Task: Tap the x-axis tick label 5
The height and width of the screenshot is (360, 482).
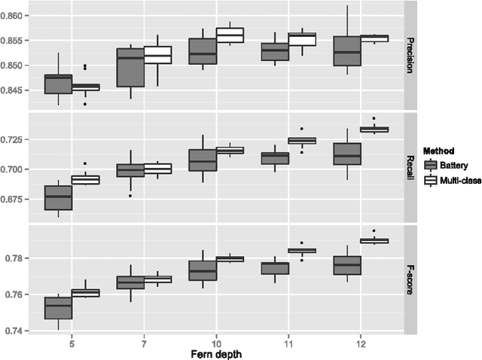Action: (x=72, y=340)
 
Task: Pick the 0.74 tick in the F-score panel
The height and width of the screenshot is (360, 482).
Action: (x=19, y=331)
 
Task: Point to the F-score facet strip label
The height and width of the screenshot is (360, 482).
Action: (x=412, y=279)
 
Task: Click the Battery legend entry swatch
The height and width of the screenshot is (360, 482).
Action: (x=431, y=165)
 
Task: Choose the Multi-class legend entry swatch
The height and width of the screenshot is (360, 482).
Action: (x=431, y=181)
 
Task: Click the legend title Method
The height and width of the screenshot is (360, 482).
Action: (x=438, y=151)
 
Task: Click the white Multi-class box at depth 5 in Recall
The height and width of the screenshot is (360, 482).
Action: (x=85, y=180)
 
